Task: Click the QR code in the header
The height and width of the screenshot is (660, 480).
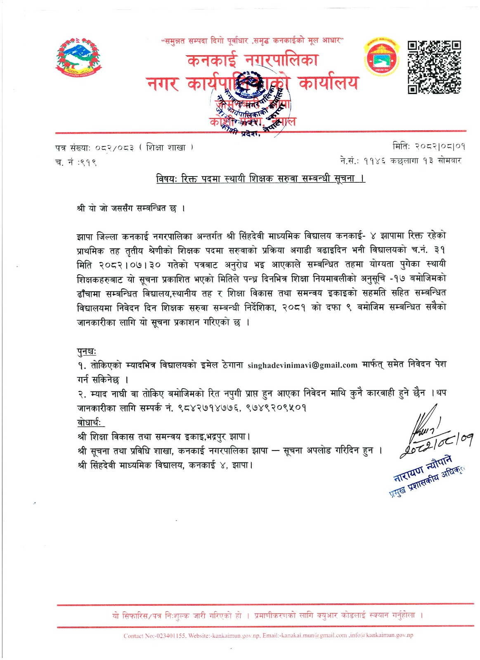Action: click(434, 67)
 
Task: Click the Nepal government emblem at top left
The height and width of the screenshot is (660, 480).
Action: click(78, 57)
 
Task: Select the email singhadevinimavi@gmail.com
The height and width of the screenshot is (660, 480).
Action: click(302, 365)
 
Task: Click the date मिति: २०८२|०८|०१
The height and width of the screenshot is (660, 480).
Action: click(429, 146)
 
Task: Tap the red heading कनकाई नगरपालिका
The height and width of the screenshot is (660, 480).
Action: click(252, 61)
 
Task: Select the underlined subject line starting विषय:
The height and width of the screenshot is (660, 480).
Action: click(260, 179)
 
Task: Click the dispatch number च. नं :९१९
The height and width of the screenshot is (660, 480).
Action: click(76, 163)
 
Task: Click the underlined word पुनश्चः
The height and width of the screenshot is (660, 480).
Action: click(87, 351)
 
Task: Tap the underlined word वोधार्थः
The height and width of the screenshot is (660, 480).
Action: click(91, 422)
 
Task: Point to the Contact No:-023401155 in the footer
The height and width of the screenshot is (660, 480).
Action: click(154, 636)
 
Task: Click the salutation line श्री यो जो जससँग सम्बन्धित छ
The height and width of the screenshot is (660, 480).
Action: click(131, 208)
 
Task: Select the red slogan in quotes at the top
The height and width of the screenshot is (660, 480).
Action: click(252, 41)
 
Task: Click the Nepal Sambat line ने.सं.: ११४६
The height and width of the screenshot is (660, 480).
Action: click(400, 160)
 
